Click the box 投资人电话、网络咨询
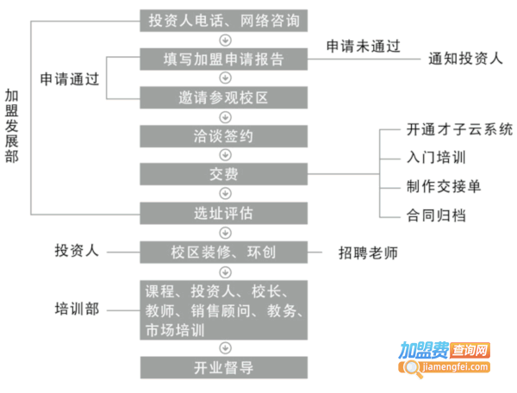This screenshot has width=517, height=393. tap(223, 21)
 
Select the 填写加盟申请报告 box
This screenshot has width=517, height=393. tap(223, 59)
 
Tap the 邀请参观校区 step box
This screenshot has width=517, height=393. tap(223, 97)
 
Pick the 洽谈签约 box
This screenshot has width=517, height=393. tap(223, 136)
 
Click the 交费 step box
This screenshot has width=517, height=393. tap(223, 174)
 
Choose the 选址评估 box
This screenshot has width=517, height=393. tap(223, 214)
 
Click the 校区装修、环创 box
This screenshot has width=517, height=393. tap(223, 253)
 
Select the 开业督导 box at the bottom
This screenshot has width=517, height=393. tap(224, 368)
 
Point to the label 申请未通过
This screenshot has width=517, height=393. tap(364, 47)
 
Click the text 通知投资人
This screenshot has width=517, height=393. tap(465, 59)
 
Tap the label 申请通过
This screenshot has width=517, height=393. tap(70, 79)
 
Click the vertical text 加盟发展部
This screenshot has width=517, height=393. tap(11, 126)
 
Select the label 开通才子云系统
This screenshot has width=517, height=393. tap(459, 129)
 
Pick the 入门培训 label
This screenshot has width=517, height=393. tap(436, 157)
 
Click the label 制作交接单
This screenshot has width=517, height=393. tap(444, 186)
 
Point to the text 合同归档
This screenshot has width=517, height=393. tap(436, 215)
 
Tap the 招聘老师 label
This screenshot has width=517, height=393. tap(368, 253)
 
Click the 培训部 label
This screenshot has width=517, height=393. tap(77, 309)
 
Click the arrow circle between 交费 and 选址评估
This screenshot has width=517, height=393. tap(225, 194)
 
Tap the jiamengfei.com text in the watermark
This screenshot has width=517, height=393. tap(455, 366)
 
